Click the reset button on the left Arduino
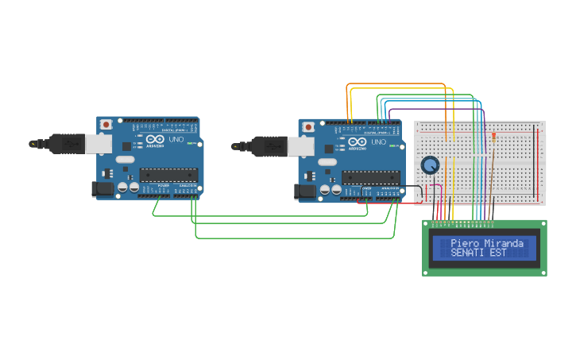(106, 125)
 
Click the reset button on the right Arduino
(308, 127)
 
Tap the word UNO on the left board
(176, 140)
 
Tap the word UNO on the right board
(378, 142)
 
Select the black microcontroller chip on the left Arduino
(167, 175)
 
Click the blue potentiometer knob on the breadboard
(430, 165)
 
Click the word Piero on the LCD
(464, 243)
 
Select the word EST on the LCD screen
(498, 253)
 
